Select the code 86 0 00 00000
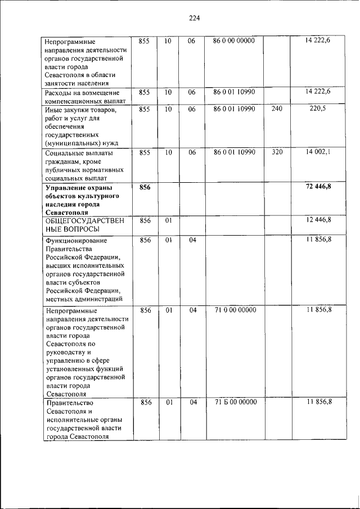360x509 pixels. click(x=234, y=41)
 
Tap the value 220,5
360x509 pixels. click(x=317, y=109)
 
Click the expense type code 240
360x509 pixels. click(x=277, y=109)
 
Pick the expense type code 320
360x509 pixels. click(x=277, y=152)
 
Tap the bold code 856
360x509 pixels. click(x=145, y=187)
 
